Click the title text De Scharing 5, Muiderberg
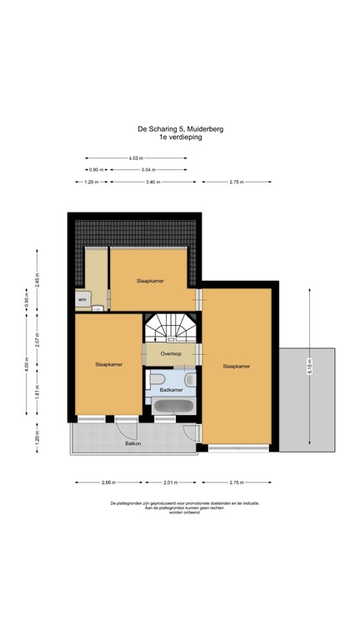[180, 129]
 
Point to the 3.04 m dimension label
[147, 170]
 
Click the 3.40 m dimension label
[152, 182]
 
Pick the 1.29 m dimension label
[92, 182]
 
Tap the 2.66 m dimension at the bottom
[107, 482]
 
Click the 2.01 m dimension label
[171, 482]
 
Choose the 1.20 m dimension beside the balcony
[37, 437]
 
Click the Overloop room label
[171, 355]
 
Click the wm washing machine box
[82, 298]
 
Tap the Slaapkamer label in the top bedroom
[150, 281]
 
